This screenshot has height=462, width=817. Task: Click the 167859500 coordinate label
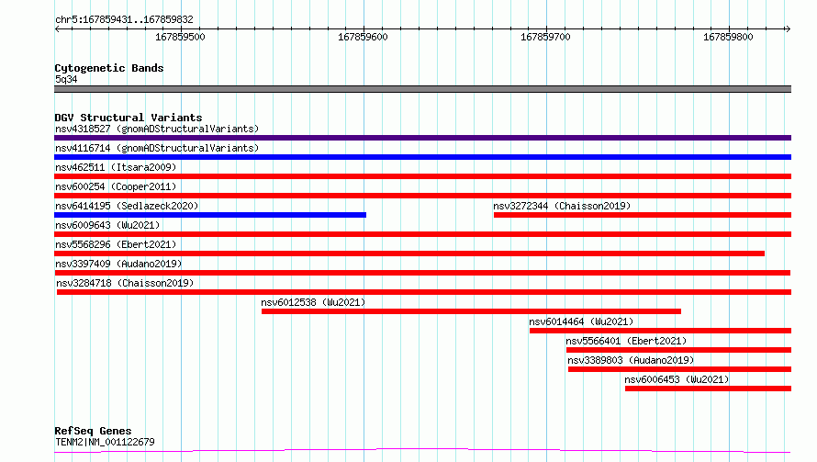coord(180,37)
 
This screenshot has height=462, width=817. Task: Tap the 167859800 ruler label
coord(728,37)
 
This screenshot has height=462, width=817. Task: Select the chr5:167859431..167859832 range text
coord(124,20)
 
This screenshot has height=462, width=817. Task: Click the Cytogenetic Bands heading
coord(109,68)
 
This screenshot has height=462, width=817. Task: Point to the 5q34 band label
coord(66,79)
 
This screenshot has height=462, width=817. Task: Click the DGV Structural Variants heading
coord(129,118)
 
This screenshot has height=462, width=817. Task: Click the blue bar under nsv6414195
coord(210,215)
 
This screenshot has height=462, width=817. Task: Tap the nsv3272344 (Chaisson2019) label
coord(562,206)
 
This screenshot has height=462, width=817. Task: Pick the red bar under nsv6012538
coord(471,311)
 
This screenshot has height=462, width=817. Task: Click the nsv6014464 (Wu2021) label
coord(581,321)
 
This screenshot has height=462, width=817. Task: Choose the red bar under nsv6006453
coord(708,389)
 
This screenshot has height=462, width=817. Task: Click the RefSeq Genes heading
coord(93,431)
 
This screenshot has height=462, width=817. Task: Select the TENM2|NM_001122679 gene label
coord(105,442)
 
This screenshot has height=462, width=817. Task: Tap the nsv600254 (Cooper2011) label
coord(116,186)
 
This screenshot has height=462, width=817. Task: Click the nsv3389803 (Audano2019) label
coord(631,360)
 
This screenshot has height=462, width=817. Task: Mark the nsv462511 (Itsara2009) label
coord(116,167)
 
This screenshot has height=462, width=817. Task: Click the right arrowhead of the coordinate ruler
coord(789,28)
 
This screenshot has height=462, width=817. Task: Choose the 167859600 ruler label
coord(363,37)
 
